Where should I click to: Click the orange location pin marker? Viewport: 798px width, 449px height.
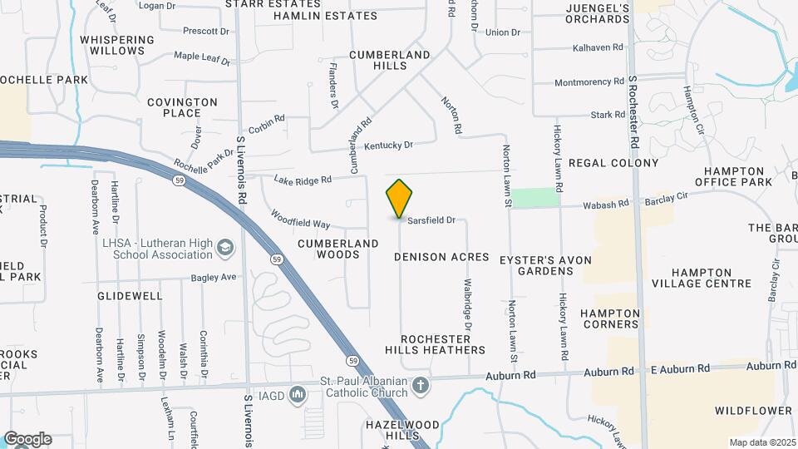pos(399,199)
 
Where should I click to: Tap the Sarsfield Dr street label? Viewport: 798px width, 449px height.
pos(431,220)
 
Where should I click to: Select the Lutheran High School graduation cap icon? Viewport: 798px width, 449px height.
pos(225,248)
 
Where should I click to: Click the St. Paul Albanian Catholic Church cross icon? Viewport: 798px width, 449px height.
pos(421,386)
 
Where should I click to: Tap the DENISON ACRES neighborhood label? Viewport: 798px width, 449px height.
pos(441,258)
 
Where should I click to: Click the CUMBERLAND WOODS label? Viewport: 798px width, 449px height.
pos(338,249)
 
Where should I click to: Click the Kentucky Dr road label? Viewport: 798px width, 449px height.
pos(388,146)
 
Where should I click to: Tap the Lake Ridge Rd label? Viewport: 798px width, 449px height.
pos(303,180)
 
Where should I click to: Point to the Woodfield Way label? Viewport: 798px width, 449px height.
pos(300,219)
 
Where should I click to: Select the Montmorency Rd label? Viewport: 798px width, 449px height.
pos(589,82)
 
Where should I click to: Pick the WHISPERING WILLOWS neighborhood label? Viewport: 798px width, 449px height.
pos(117,45)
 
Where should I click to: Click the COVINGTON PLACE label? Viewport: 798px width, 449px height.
pos(182,107)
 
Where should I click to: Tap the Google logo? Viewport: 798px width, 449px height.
pos(27,439)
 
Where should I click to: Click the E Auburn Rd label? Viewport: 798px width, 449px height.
pos(680,368)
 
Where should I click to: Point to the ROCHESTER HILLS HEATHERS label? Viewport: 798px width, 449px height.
pos(441,344)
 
